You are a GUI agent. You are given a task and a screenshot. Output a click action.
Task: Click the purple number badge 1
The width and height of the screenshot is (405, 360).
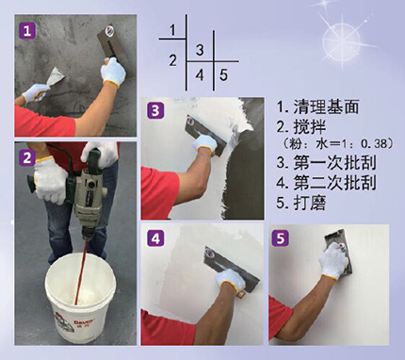click(x=27, y=31)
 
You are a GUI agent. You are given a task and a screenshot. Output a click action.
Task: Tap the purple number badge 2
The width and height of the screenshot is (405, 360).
click(x=27, y=157)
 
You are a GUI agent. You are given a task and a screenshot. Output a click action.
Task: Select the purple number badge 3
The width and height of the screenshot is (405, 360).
click(x=155, y=110)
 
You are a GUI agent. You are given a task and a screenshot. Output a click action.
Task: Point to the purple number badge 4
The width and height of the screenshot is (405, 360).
click(x=155, y=238)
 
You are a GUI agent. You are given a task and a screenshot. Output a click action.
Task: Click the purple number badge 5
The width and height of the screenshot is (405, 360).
click(x=281, y=238)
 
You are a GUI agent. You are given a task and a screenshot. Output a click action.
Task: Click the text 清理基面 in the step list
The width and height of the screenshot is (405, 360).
click(x=327, y=106)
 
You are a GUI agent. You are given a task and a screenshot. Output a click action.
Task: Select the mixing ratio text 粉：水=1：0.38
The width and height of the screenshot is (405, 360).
click(x=336, y=144)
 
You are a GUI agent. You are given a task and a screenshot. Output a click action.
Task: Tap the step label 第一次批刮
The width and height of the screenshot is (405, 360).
click(x=334, y=163)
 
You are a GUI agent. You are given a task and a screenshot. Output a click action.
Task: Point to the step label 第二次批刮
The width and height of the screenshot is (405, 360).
click(x=334, y=183)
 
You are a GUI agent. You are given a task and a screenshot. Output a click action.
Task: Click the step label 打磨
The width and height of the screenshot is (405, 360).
click(x=310, y=203)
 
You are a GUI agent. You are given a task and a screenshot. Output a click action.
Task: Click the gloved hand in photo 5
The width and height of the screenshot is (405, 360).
click(x=333, y=261)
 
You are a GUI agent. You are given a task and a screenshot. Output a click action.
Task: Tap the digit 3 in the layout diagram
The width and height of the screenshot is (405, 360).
click(x=200, y=50)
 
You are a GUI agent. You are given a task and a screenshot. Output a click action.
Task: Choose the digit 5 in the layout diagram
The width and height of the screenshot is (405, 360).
click(x=223, y=75)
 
